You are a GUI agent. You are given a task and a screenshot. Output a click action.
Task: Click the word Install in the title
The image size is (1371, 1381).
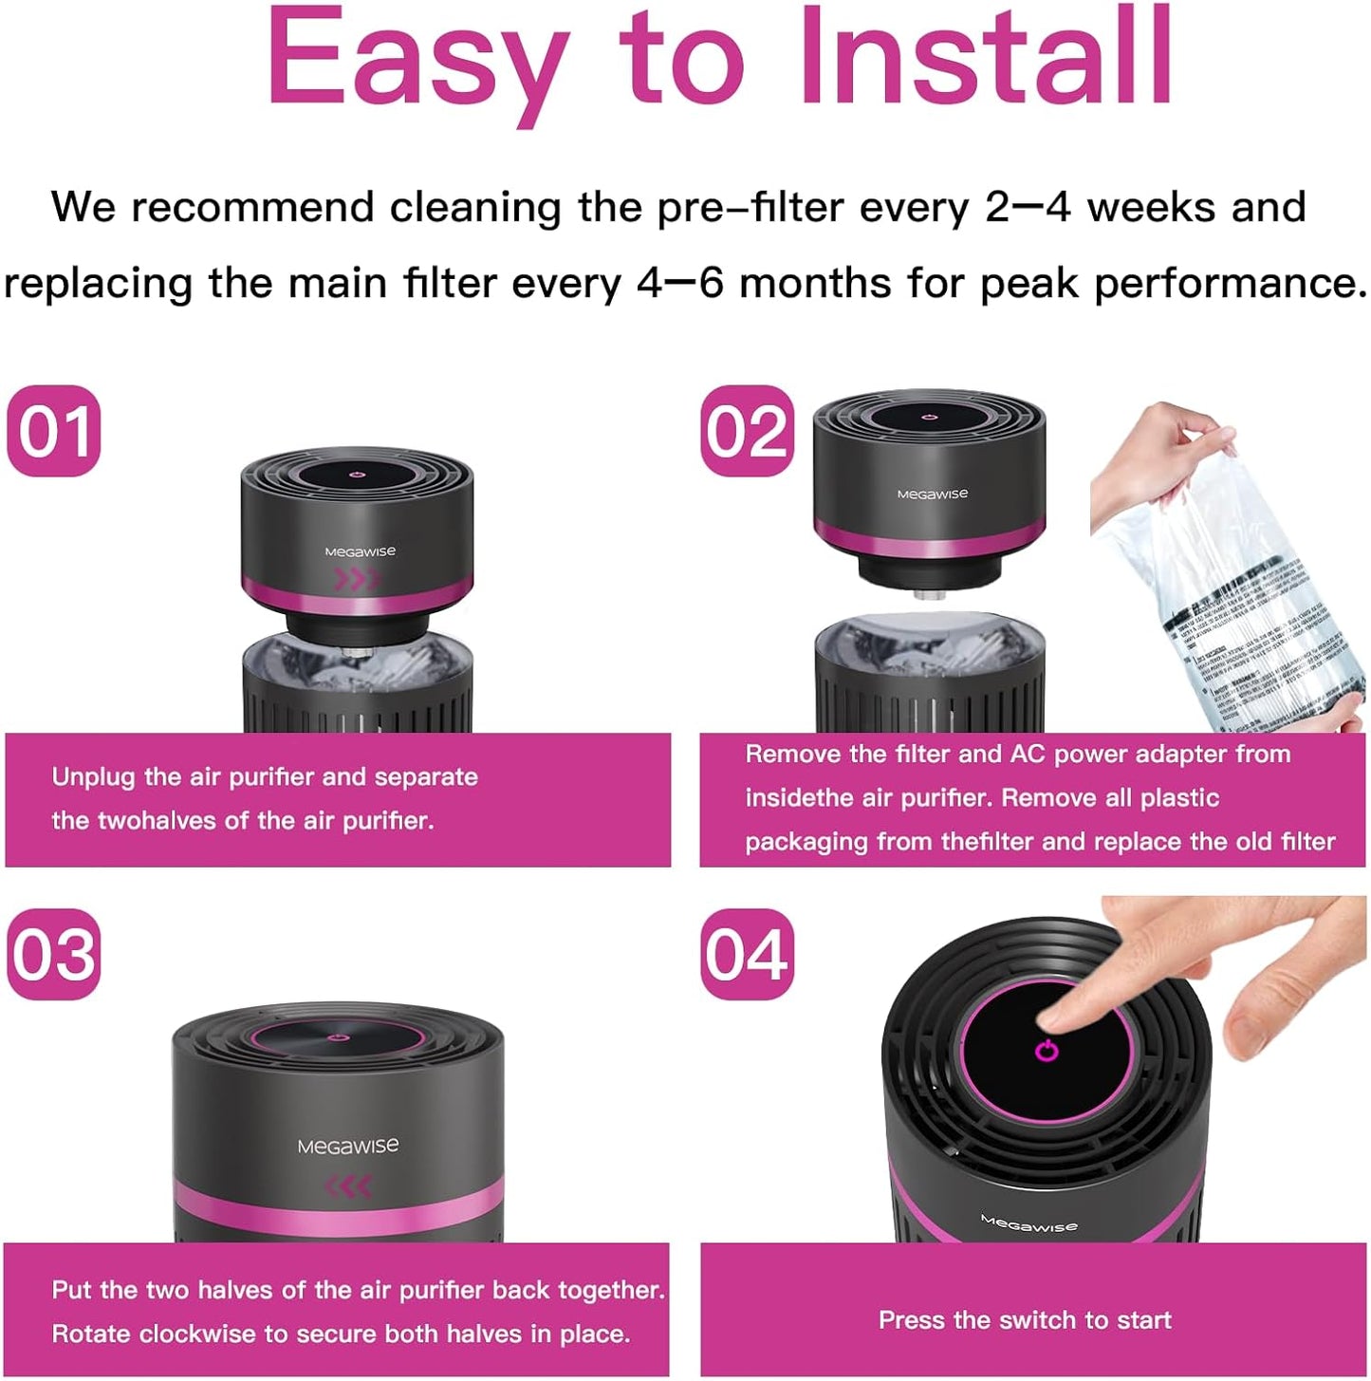click(987, 57)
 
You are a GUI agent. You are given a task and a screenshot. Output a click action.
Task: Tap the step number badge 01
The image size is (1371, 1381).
click(54, 431)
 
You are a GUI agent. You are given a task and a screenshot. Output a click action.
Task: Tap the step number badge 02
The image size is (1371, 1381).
click(748, 431)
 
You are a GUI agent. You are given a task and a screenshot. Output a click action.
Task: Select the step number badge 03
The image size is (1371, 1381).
click(54, 954)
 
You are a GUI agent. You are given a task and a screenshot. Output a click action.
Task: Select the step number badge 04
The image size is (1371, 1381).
click(748, 954)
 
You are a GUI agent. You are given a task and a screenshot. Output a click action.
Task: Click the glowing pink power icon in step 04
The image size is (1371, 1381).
click(1046, 1051)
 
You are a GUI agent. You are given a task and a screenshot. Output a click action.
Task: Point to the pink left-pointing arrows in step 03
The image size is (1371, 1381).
click(347, 1185)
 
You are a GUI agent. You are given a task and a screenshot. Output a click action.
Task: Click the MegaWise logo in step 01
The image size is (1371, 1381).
click(360, 551)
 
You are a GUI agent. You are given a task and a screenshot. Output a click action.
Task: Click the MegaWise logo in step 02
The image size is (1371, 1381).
click(933, 494)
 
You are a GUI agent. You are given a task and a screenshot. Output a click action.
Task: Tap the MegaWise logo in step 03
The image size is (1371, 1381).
click(347, 1147)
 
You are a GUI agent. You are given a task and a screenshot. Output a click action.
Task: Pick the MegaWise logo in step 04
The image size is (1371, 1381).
click(1028, 1223)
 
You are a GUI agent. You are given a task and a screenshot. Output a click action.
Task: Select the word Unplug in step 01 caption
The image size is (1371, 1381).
click(94, 777)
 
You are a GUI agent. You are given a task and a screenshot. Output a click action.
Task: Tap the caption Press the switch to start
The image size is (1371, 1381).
click(1025, 1320)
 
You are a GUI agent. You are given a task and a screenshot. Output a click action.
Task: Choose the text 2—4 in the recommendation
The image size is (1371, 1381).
click(1028, 208)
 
